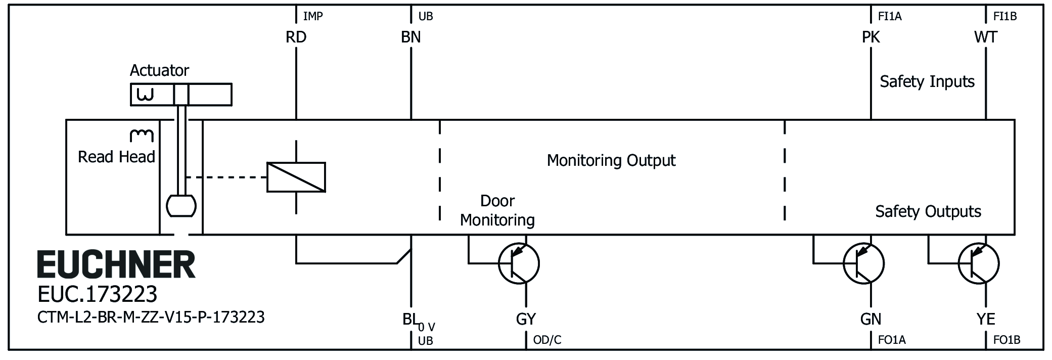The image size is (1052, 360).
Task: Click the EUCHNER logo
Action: (116, 264)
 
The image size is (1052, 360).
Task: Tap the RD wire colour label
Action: (296, 37)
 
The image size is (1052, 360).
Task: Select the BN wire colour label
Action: (410, 37)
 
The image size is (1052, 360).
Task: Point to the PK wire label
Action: (871, 37)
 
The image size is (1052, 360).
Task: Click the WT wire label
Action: (985, 37)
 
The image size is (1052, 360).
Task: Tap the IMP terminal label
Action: (312, 17)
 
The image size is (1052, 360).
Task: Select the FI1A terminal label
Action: (890, 17)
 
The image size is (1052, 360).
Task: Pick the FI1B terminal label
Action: (1004, 17)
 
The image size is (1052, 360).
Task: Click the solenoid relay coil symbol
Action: (296, 177)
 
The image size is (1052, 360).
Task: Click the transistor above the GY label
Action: (519, 263)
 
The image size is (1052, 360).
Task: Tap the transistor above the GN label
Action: (863, 263)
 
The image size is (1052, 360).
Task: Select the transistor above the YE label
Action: (978, 263)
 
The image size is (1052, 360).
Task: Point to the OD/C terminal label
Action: (547, 340)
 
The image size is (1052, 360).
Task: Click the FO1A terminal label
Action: (892, 340)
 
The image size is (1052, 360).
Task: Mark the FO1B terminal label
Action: (1007, 340)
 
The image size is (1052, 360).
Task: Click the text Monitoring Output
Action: (611, 161)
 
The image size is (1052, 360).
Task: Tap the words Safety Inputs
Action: (927, 82)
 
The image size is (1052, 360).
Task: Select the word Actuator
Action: (159, 70)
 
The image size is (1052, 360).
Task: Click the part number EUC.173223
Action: (98, 294)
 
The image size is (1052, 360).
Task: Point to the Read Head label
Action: (116, 157)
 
